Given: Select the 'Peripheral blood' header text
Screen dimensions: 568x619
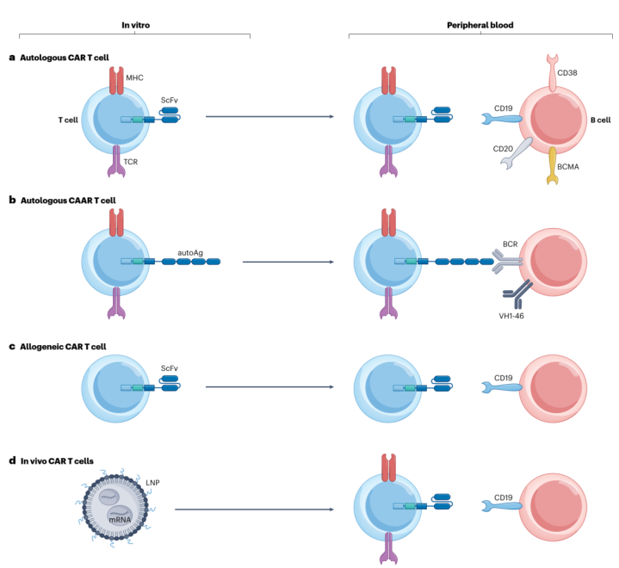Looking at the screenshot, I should click(x=480, y=26).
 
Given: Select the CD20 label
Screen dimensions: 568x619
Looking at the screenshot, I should click(x=504, y=149).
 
